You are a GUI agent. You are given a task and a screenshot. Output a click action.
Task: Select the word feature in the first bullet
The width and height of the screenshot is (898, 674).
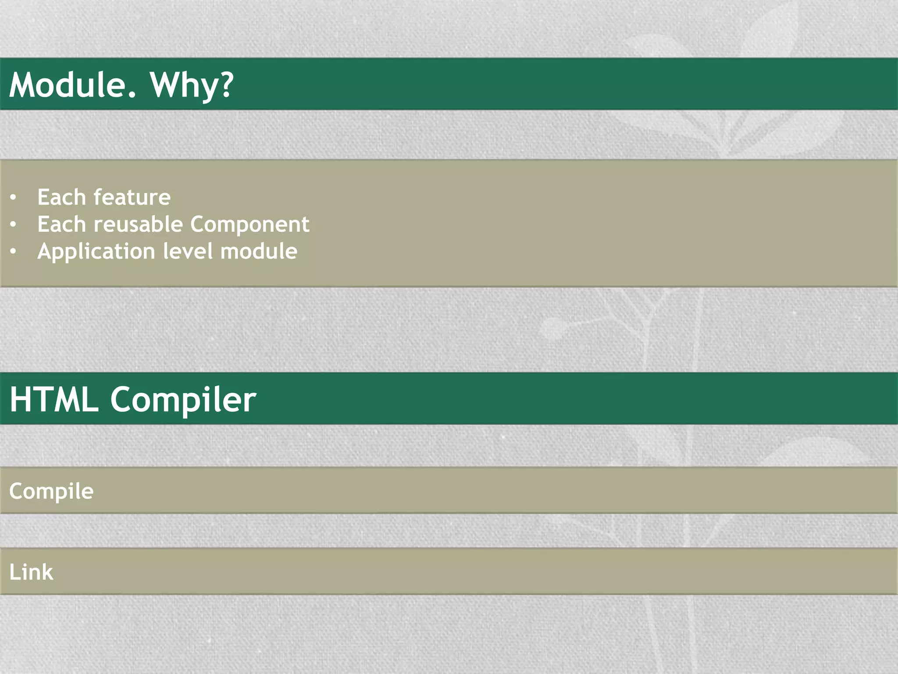(132, 197)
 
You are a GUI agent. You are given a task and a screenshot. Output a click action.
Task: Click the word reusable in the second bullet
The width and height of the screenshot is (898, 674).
(138, 224)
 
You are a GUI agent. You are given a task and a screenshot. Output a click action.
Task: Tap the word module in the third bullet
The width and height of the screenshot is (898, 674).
(259, 251)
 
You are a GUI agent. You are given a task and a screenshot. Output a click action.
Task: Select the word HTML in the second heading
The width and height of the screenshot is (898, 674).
(54, 399)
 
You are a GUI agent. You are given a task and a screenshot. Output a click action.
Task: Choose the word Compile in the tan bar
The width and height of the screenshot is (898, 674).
(51, 491)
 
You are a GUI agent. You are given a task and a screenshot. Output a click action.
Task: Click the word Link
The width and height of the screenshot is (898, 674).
(31, 572)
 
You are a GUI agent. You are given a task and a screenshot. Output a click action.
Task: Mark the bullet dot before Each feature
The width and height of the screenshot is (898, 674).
(14, 198)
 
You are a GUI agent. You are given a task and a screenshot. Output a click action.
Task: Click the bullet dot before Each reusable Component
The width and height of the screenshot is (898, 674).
(14, 225)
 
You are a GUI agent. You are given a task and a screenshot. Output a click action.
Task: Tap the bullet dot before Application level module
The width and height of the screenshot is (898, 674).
(14, 252)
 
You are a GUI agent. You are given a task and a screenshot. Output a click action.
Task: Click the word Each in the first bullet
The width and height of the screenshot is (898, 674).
(61, 197)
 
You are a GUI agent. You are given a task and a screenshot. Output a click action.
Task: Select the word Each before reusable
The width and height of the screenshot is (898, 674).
(61, 224)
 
